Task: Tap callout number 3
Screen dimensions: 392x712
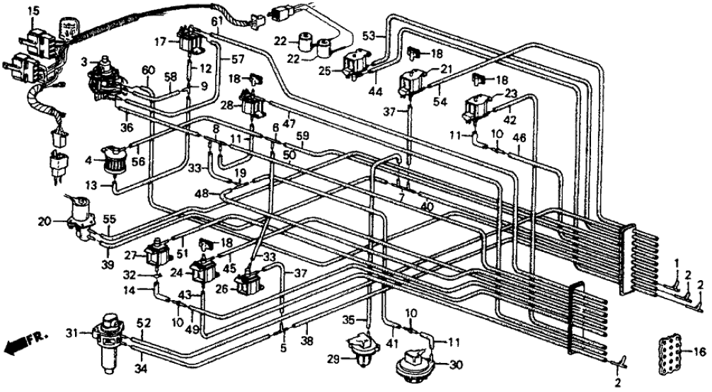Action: click(x=84, y=62)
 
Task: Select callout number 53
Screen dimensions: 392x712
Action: click(x=367, y=34)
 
